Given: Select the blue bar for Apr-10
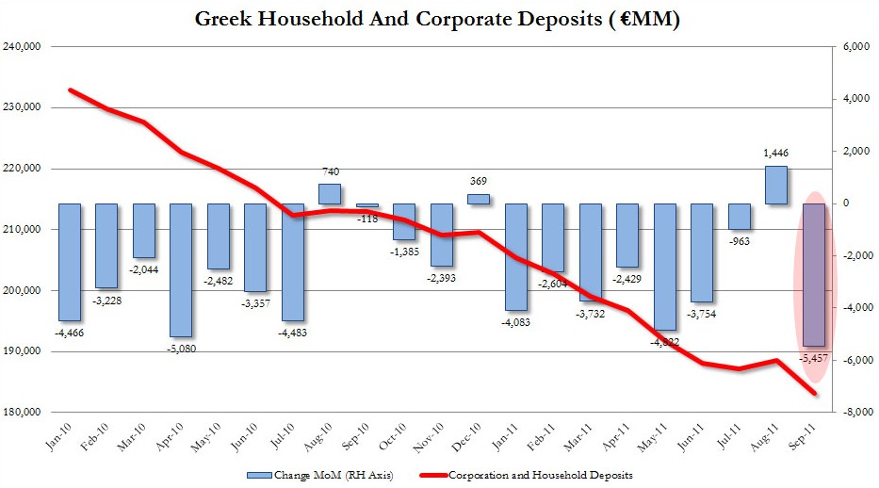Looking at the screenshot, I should (181, 269).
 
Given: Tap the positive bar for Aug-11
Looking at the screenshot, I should (775, 185).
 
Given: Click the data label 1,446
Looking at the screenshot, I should (775, 153).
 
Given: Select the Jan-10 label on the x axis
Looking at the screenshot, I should (62, 432).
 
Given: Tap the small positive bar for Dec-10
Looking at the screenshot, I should (478, 199).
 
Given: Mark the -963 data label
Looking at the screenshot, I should (738, 241).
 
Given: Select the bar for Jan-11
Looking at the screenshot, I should (515, 256).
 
